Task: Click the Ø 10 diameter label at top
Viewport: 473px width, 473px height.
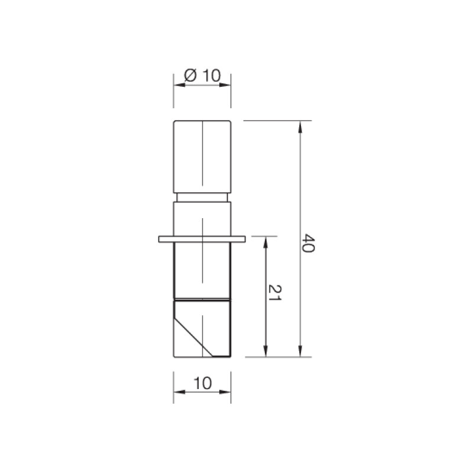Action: pos(202,76)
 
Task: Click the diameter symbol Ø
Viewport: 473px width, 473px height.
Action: pos(190,76)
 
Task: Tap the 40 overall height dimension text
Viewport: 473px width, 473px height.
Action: pos(309,243)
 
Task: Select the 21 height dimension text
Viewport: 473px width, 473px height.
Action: pos(275,293)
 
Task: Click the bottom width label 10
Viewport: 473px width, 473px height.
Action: pos(202,383)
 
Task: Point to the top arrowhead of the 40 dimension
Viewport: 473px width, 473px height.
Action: pos(300,127)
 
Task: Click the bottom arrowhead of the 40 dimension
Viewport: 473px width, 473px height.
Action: pos(300,351)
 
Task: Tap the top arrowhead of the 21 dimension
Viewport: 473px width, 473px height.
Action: pos(265,242)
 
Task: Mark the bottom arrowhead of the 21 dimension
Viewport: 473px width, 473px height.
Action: pos(265,351)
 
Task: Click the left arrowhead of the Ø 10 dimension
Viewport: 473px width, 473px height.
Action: pos(180,85)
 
